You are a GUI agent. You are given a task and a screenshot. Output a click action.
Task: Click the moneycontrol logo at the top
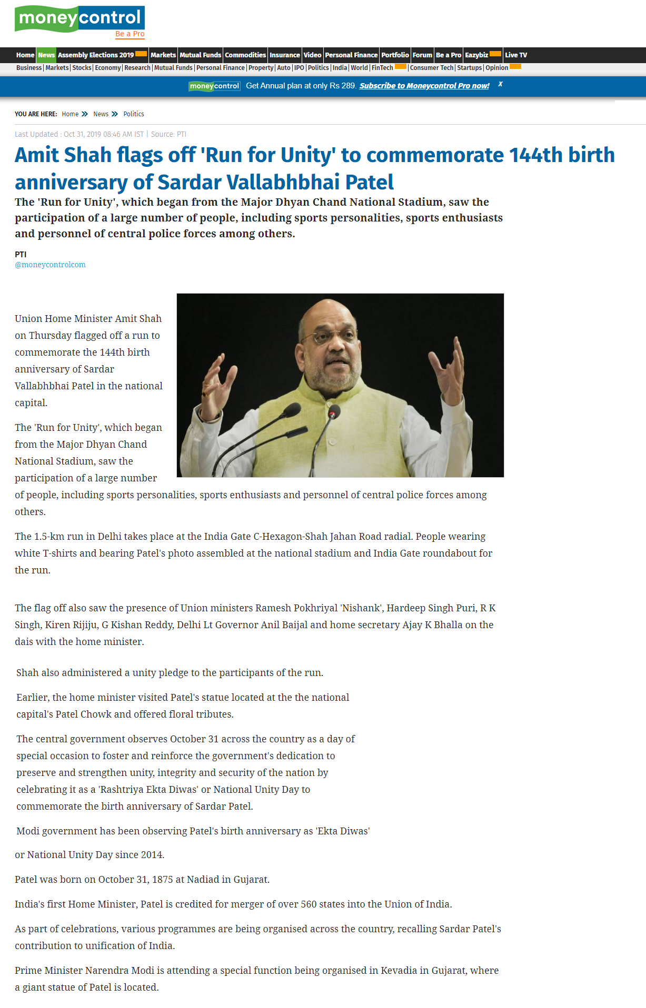pos(79,18)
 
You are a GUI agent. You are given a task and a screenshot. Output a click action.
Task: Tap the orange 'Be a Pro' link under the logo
pos(130,34)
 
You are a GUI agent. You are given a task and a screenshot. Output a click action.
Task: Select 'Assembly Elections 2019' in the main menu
pos(96,55)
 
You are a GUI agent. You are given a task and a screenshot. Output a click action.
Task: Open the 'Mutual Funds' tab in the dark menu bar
pos(200,55)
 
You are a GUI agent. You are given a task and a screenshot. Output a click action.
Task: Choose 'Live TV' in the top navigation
pos(515,55)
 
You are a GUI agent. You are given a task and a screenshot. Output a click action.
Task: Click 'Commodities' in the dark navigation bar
pos(245,55)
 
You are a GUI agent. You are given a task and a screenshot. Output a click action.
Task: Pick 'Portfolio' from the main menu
pos(395,55)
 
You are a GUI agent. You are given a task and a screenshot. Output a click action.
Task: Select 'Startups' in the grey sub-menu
pos(469,68)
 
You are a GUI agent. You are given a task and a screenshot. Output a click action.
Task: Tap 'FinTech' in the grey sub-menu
pos(382,68)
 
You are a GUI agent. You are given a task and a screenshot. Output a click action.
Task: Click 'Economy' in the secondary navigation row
pos(108,68)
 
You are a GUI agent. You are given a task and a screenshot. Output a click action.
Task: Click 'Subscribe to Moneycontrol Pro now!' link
pos(424,86)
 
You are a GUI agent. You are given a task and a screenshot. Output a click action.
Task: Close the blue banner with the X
pos(500,84)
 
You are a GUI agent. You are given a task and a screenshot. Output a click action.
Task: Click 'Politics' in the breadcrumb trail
pos(134,114)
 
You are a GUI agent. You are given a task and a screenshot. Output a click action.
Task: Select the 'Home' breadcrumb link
pos(70,114)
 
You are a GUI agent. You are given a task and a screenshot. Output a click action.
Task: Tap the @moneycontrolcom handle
pos(50,265)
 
